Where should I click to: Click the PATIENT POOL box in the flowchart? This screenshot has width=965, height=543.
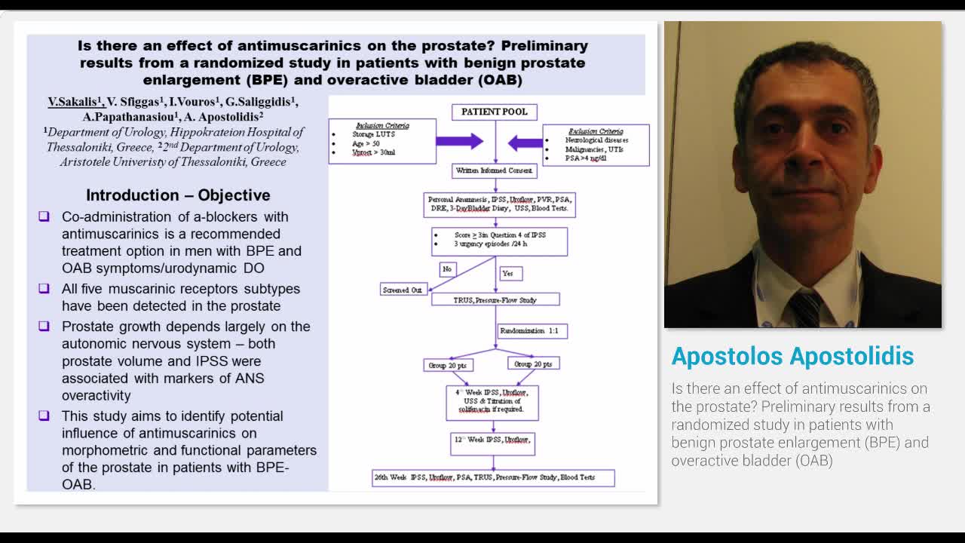pyautogui.click(x=495, y=112)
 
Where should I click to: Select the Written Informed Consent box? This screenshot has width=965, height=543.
pyautogui.click(x=495, y=171)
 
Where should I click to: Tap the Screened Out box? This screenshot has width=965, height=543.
pyautogui.click(x=403, y=290)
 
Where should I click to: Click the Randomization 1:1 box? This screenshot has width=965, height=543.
pyautogui.click(x=532, y=331)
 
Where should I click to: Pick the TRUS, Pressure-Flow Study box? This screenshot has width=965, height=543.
pyautogui.click(x=495, y=299)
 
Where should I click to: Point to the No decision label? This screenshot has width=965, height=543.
pyautogui.click(x=447, y=269)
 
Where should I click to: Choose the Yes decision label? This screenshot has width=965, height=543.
pyautogui.click(x=510, y=273)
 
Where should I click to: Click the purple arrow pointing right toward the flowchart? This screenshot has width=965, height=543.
pyautogui.click(x=459, y=141)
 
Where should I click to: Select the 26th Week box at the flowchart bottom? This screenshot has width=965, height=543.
pyautogui.click(x=493, y=477)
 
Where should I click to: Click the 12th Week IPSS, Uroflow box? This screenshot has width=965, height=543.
pyautogui.click(x=492, y=443)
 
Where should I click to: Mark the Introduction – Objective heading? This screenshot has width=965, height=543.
pyautogui.click(x=178, y=195)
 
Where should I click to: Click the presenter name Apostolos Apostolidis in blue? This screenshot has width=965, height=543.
pyautogui.click(x=792, y=356)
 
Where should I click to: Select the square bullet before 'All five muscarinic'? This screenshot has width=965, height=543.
pyautogui.click(x=44, y=289)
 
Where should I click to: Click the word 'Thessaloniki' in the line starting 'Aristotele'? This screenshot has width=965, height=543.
pyautogui.click(x=210, y=161)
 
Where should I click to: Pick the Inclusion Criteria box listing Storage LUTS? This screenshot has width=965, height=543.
pyautogui.click(x=382, y=141)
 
